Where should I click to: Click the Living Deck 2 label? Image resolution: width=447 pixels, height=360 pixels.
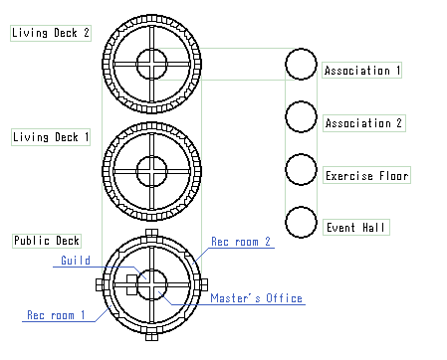tap(51, 33)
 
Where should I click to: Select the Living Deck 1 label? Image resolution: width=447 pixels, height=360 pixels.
tap(51, 137)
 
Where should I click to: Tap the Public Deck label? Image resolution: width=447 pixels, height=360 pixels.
tap(47, 241)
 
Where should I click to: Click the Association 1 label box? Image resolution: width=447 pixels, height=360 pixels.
tap(361, 71)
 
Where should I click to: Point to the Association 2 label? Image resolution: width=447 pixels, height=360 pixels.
tap(364, 123)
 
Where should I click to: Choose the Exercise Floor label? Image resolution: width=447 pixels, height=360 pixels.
tap(366, 175)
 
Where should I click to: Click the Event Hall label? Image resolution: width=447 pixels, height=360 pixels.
tap(356, 228)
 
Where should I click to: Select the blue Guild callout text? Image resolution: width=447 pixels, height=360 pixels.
tap(76, 261)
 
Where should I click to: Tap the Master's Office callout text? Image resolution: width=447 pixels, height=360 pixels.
tap(256, 298)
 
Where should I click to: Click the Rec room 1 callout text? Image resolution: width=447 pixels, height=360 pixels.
tap(56, 315)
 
